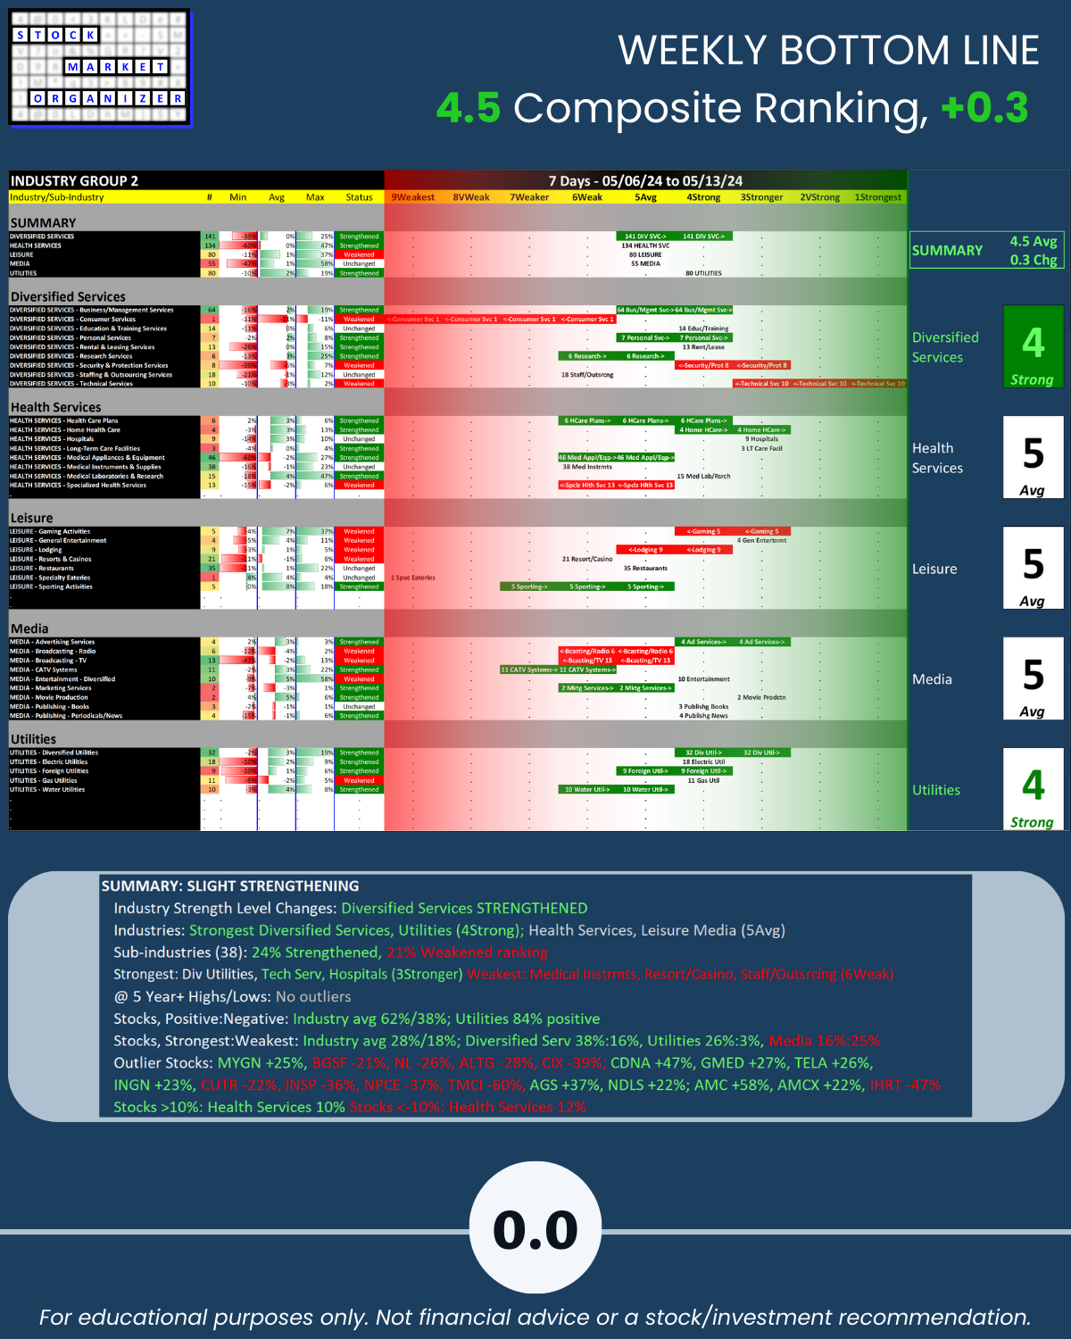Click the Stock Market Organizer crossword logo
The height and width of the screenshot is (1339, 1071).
click(100, 68)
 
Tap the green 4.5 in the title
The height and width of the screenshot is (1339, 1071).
click(468, 108)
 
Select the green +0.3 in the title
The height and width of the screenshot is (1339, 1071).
click(984, 108)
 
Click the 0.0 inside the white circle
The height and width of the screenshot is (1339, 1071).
click(535, 1230)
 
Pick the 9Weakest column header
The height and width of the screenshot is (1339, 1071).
click(413, 197)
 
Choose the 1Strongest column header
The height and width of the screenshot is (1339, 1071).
click(877, 197)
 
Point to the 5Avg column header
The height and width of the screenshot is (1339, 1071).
click(645, 197)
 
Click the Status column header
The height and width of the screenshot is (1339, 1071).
click(359, 197)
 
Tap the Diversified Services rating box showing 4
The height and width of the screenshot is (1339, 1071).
click(1033, 346)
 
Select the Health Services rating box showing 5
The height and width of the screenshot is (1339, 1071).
click(1033, 457)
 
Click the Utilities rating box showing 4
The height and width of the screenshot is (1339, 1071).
click(1033, 789)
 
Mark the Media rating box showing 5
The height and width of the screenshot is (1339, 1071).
click(1033, 678)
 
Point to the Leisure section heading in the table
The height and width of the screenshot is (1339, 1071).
click(31, 518)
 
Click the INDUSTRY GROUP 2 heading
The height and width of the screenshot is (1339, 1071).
click(74, 181)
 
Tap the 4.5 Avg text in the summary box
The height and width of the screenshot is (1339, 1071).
click(1033, 241)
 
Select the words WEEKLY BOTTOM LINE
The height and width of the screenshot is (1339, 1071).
click(828, 50)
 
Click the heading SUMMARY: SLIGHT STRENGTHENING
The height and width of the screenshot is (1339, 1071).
click(230, 886)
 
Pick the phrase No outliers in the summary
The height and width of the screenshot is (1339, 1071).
click(313, 996)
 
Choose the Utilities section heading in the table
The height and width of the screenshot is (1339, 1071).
click(33, 739)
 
